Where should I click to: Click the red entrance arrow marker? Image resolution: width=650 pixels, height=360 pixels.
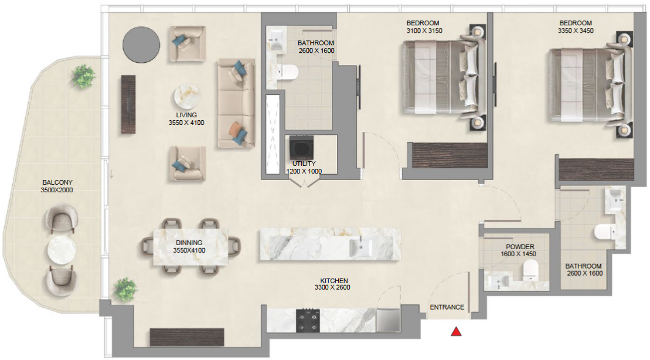tap(456, 331)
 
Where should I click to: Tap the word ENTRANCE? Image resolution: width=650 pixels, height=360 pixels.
tap(447, 307)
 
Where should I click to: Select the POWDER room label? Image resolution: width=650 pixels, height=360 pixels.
tap(520, 247)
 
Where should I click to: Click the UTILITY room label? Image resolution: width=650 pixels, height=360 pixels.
tap(304, 164)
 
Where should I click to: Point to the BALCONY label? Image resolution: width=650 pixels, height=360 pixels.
tap(57, 182)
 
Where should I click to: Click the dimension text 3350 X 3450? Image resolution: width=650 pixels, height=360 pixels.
tap(576, 30)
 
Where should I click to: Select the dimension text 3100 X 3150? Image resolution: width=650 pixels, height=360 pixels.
tap(424, 30)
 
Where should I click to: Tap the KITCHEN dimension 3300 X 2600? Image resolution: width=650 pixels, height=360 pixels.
tap(332, 287)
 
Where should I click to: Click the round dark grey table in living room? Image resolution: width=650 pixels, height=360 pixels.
tap(141, 45)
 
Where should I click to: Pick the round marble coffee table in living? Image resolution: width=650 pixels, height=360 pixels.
tap(186, 97)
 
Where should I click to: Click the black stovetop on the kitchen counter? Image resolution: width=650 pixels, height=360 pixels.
tap(308, 321)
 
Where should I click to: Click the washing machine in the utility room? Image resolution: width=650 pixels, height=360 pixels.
tap(301, 147)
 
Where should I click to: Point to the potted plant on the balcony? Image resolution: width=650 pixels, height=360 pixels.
tap(83, 76)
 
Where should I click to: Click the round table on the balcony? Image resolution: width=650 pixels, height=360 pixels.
tap(62, 250)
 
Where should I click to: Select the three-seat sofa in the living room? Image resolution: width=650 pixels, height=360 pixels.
tap(236, 103)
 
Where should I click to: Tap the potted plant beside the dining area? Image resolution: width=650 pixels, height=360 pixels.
tap(125, 289)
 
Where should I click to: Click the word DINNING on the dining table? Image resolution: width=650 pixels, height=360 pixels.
tap(189, 243)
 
